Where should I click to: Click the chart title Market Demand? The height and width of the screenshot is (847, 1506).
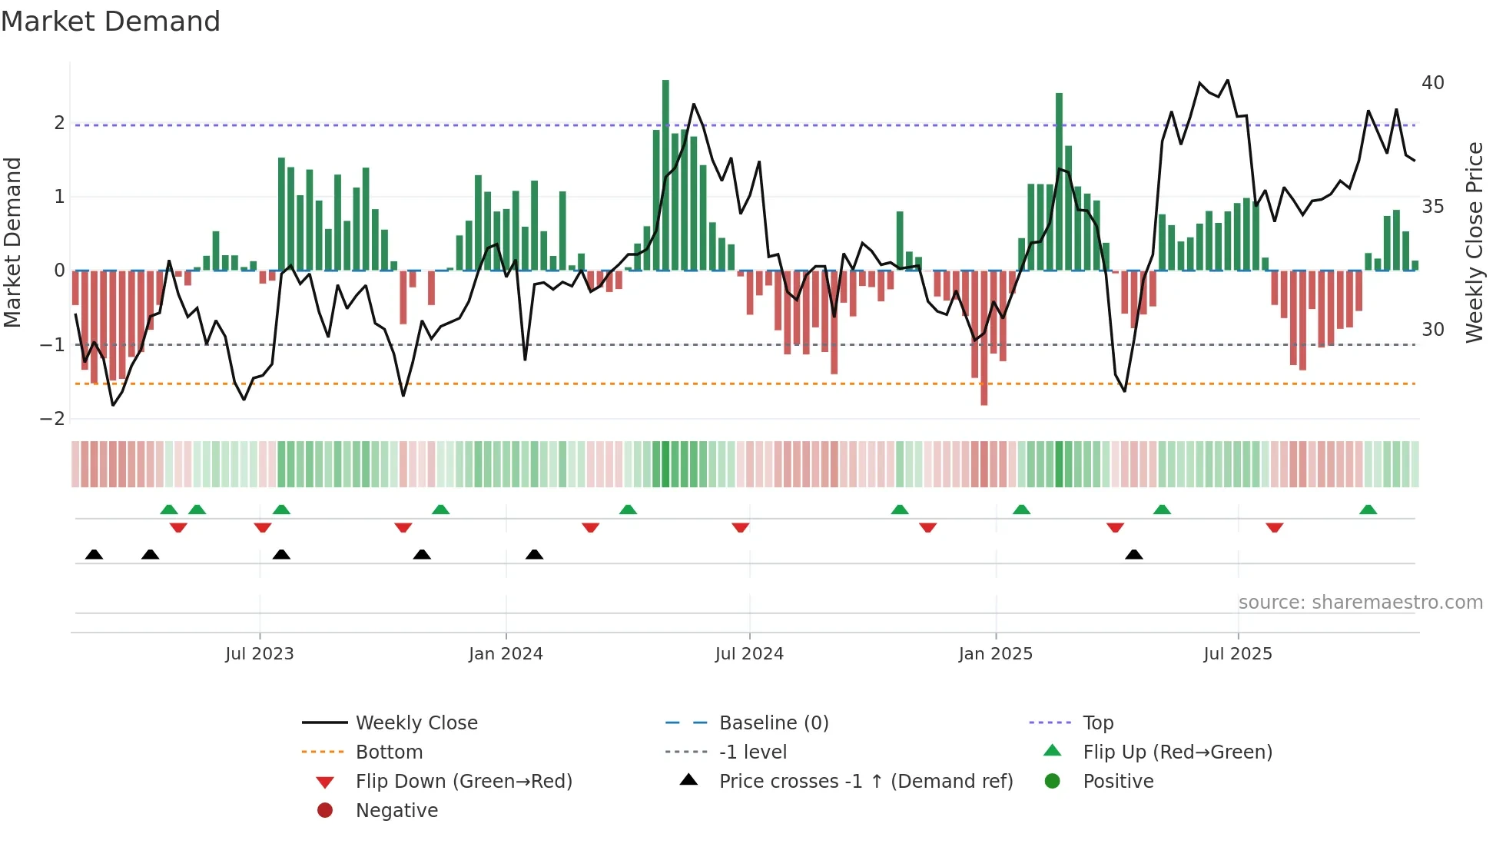(x=111, y=22)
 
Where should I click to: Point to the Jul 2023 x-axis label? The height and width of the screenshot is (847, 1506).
(x=260, y=654)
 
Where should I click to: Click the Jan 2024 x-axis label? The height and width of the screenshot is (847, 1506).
(x=506, y=654)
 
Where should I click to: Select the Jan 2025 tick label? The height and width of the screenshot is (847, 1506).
(x=996, y=654)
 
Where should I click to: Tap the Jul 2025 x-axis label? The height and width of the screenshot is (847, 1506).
(x=1238, y=654)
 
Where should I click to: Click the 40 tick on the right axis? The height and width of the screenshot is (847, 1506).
(x=1433, y=83)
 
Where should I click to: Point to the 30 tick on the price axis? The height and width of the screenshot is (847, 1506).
(x=1433, y=330)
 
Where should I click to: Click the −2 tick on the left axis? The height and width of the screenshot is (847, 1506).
(x=53, y=419)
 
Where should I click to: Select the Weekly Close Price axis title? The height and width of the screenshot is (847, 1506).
(x=1474, y=242)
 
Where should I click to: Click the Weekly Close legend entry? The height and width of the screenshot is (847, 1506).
(x=416, y=723)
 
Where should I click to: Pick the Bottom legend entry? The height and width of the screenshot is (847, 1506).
(x=389, y=752)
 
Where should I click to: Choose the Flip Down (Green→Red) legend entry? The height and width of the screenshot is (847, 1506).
(x=463, y=782)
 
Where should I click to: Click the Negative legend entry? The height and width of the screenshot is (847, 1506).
(x=396, y=811)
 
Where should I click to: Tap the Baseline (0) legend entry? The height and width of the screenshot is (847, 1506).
(x=774, y=723)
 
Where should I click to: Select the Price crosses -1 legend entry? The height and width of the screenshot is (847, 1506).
(x=866, y=782)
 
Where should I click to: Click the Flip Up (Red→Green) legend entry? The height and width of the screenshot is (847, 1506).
(x=1177, y=752)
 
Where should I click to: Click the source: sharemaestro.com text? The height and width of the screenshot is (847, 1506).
(x=1360, y=603)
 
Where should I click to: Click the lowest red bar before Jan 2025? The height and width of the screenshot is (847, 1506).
(x=984, y=338)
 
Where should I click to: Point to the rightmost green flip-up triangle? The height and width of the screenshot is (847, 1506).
(x=1368, y=510)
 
